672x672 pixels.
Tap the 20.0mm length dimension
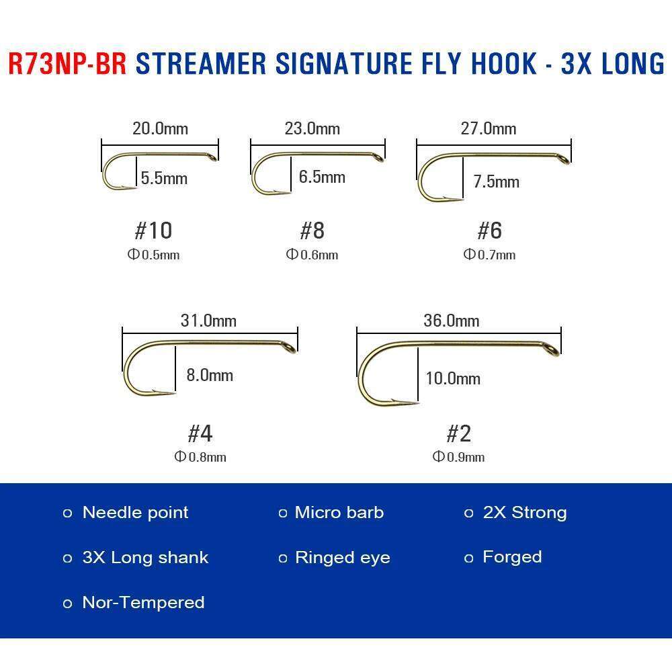click(x=160, y=128)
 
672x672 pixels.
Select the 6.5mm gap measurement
click(x=322, y=177)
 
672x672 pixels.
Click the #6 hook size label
click(x=489, y=230)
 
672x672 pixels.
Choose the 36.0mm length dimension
click(x=451, y=321)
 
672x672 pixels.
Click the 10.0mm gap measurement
click(x=453, y=378)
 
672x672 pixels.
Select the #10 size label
click(x=153, y=230)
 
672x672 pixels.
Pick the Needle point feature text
click(x=135, y=513)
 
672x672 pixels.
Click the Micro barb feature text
click(x=339, y=513)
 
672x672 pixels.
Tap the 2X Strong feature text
click(x=524, y=513)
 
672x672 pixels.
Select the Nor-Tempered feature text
click(x=143, y=602)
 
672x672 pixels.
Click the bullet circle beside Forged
click(x=469, y=558)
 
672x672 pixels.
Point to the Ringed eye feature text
click(x=342, y=558)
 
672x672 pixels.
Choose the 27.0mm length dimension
click(x=489, y=128)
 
